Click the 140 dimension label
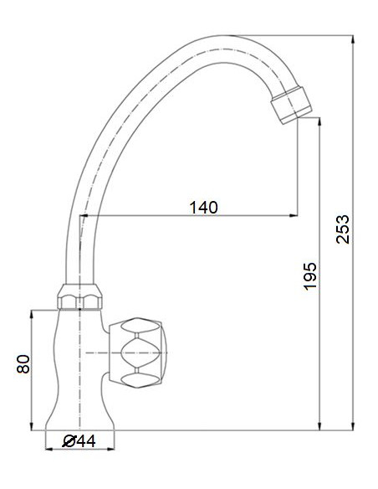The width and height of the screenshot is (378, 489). point(202,207)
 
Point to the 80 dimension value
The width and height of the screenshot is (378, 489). point(23,364)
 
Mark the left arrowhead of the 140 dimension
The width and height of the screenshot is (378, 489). point(84,217)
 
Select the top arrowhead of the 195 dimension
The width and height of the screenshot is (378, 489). point(320,122)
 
